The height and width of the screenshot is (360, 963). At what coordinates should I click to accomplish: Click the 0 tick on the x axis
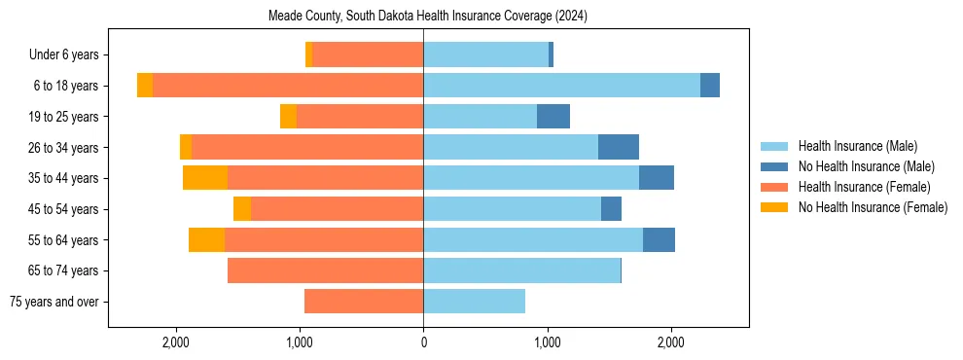click(423, 342)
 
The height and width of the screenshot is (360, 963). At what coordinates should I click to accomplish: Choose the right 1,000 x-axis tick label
click(547, 342)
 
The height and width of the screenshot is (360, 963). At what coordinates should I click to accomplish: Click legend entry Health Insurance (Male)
click(857, 146)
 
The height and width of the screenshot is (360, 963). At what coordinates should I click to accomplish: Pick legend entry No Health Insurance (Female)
click(873, 207)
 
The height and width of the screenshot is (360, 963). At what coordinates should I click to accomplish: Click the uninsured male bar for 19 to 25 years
click(553, 117)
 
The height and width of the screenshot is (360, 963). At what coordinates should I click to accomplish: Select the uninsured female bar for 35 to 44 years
click(205, 178)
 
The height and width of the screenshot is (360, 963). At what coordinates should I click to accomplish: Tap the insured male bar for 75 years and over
click(474, 302)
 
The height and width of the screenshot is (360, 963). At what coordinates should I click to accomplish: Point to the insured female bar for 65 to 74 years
click(325, 270)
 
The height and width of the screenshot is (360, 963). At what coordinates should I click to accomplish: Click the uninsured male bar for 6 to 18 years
click(710, 86)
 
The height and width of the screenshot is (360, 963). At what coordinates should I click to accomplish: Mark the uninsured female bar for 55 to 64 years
click(206, 239)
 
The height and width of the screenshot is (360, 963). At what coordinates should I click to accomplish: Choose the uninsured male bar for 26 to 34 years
click(619, 147)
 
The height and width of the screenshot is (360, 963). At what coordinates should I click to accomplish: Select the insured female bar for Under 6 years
click(368, 55)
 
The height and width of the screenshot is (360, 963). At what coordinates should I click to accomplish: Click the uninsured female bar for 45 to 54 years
click(242, 209)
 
